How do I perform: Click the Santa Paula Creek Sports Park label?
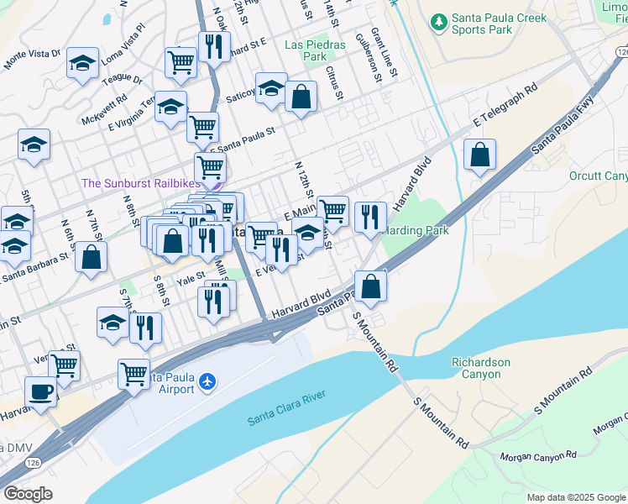coord(499,24)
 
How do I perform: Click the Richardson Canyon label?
coord(480,368)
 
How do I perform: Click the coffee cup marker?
coord(40,391)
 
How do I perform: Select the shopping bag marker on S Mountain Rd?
coord(370,286)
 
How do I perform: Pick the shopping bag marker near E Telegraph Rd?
coord(479,155)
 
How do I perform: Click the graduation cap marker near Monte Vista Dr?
coord(82,63)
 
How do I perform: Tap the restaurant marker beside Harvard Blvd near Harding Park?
coord(370,217)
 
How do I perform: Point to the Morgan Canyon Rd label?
coord(538,456)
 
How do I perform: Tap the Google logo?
coord(28,494)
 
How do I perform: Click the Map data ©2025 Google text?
coord(575,497)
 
